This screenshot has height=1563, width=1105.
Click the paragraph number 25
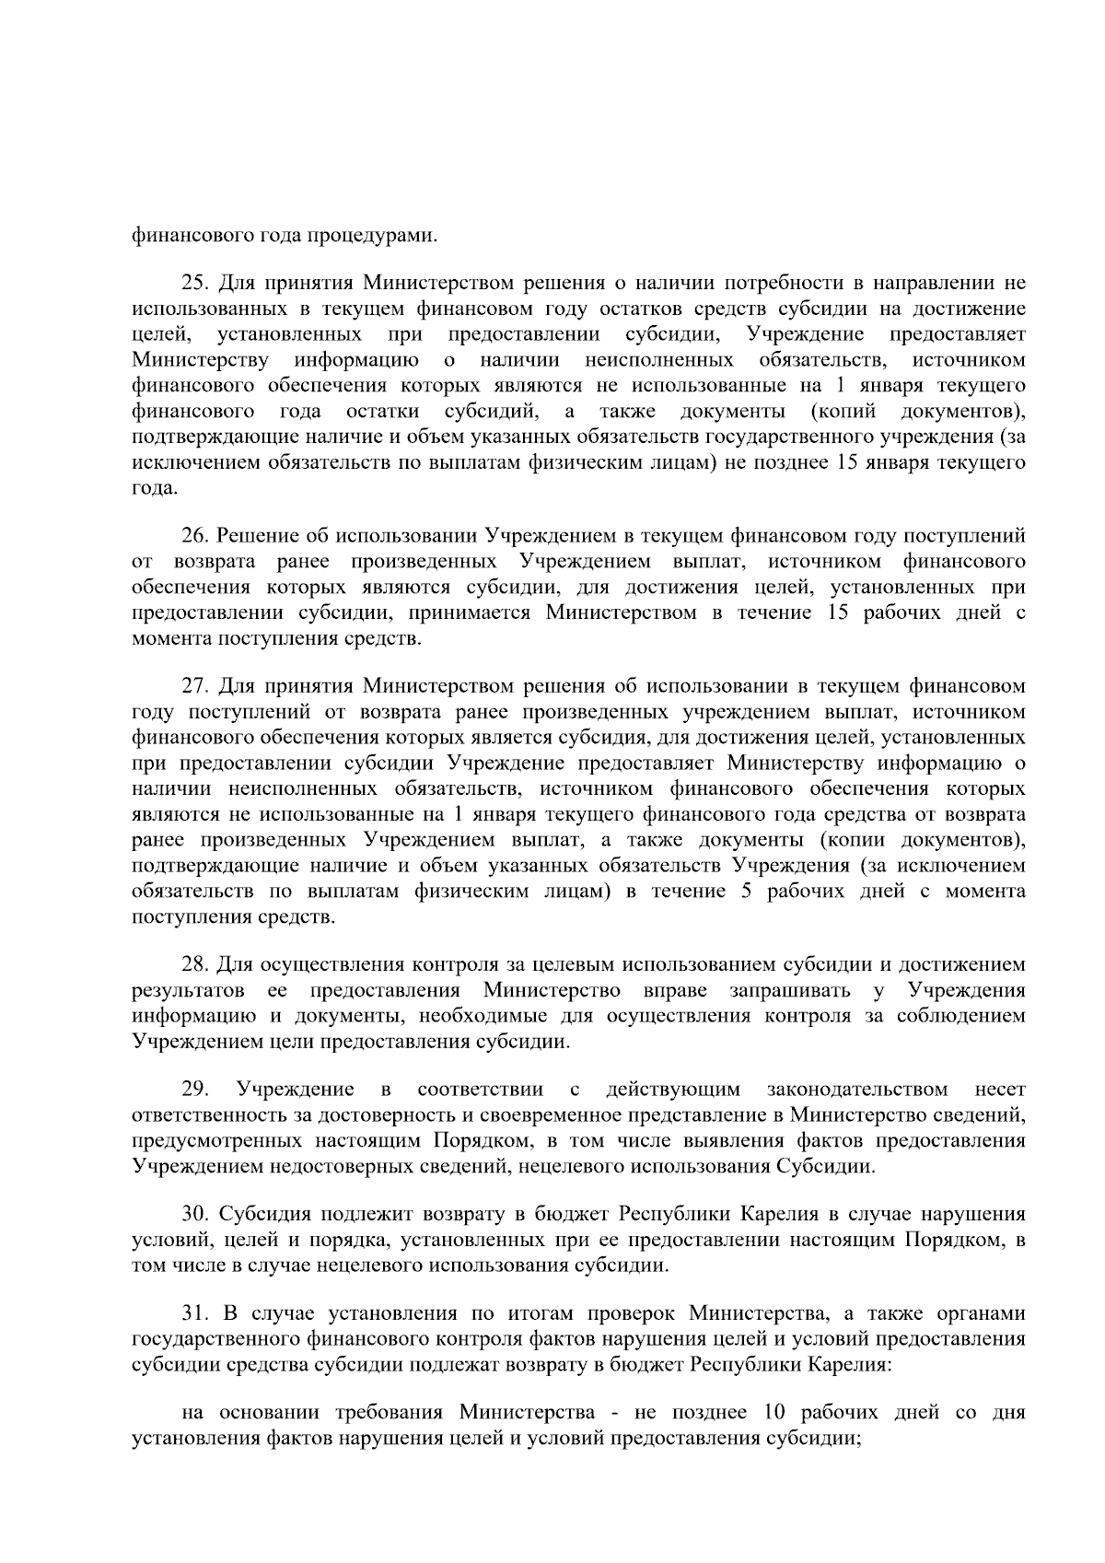click(195, 282)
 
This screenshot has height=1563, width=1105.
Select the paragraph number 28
click(195, 964)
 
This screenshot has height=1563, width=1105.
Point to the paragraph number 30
click(195, 1214)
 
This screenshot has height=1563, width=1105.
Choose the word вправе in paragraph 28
click(677, 991)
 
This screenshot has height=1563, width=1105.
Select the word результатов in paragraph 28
click(188, 991)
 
